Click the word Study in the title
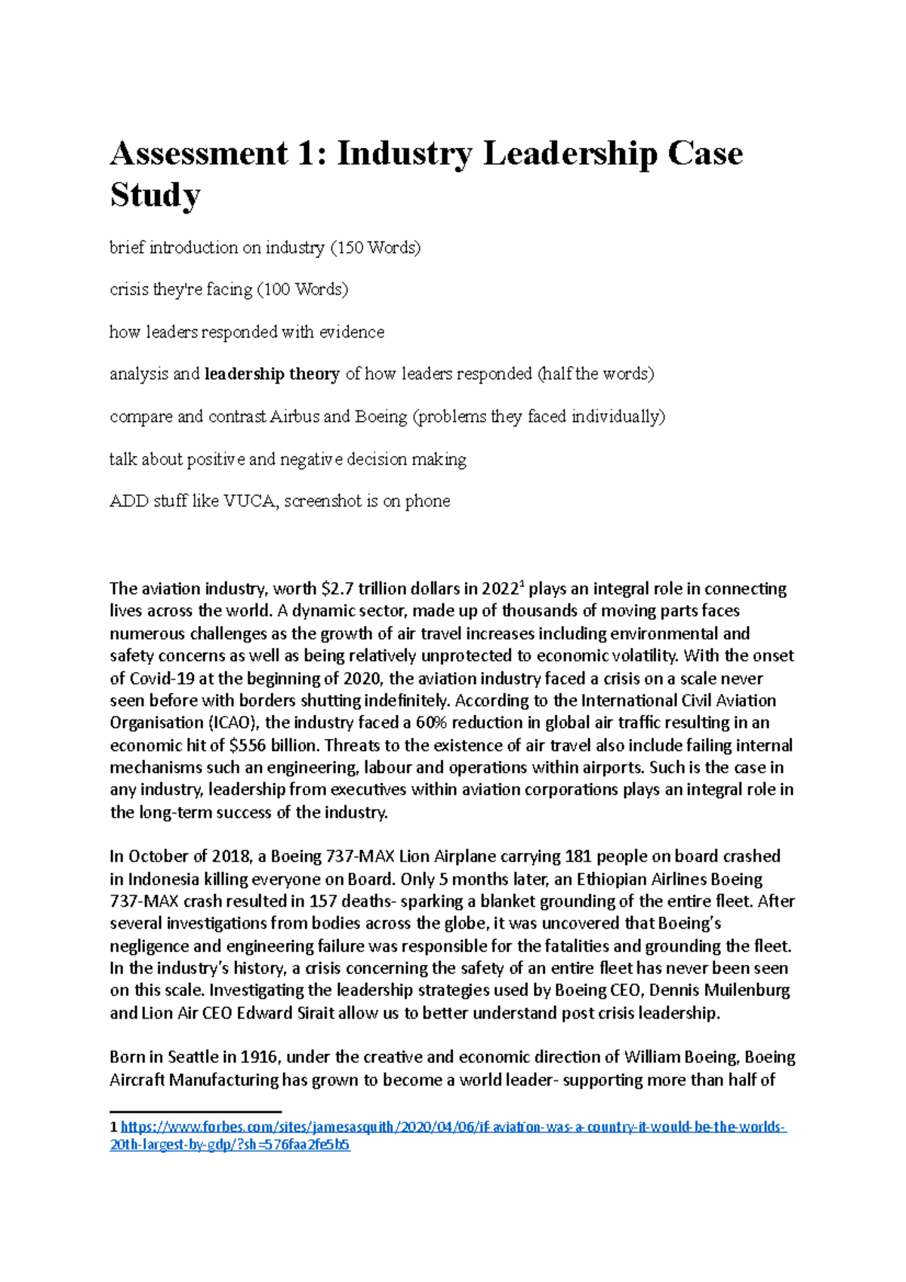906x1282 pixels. click(155, 195)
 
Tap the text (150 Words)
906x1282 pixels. click(375, 248)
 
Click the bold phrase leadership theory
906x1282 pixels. click(272, 374)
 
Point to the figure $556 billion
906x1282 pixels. click(273, 745)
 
